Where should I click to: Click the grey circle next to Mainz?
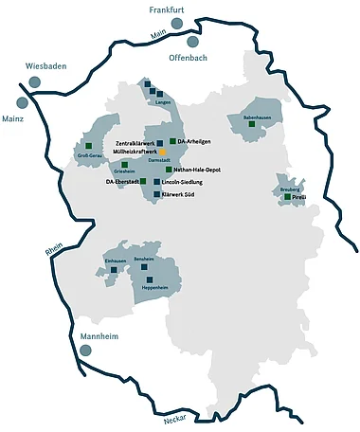click(22, 102)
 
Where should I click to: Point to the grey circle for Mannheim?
click(87, 351)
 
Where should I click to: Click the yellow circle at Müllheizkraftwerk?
click(162, 152)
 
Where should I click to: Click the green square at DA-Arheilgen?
click(172, 141)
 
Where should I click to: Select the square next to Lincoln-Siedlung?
click(156, 180)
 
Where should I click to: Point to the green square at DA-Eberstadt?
click(143, 180)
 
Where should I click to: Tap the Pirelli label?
click(298, 197)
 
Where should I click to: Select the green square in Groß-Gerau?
click(87, 144)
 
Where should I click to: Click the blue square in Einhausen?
click(114, 269)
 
